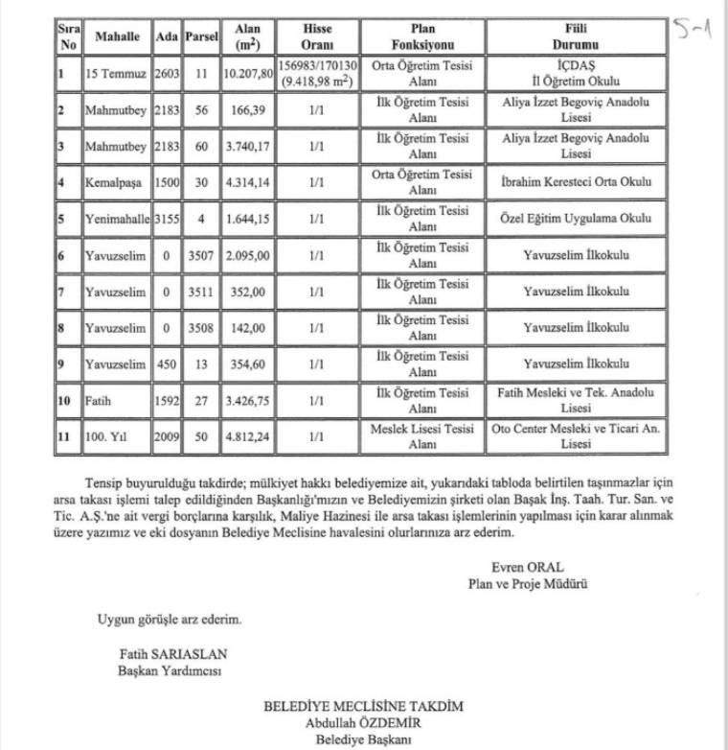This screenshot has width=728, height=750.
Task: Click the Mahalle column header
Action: click(x=118, y=36)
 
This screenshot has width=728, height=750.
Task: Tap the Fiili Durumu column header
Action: click(x=576, y=36)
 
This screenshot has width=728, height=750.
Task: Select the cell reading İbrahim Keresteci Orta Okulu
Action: click(x=576, y=181)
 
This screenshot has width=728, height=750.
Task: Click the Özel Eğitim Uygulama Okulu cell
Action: click(x=576, y=218)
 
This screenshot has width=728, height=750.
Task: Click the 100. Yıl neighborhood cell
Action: click(x=104, y=436)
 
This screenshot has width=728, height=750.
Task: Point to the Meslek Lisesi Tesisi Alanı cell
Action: click(x=422, y=436)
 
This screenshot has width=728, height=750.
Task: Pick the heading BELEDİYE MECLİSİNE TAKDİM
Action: click(x=363, y=707)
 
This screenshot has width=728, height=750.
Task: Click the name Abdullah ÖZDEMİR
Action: click(x=363, y=723)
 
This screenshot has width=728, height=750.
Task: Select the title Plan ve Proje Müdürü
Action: click(x=527, y=582)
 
